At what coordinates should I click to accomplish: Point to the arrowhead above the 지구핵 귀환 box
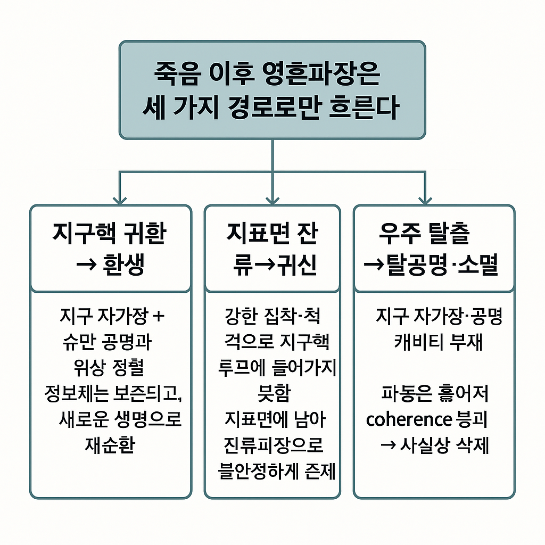click(x=120, y=199)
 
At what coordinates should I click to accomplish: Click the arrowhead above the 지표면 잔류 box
click(x=272, y=199)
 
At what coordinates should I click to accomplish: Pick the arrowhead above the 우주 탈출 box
click(x=425, y=199)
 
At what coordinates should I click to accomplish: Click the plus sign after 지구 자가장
click(x=159, y=317)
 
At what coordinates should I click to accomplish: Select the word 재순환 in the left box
click(x=110, y=444)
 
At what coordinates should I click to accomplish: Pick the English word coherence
click(x=409, y=420)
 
